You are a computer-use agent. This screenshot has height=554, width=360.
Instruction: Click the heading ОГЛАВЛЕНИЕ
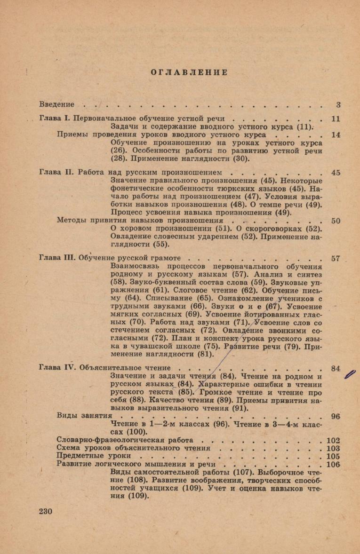(189, 72)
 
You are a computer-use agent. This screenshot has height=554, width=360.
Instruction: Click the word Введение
(57, 104)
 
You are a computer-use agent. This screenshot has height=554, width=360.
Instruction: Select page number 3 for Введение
(338, 104)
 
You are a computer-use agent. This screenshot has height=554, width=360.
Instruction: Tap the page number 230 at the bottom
(46, 511)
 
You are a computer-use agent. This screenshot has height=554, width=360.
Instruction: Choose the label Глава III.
(57, 258)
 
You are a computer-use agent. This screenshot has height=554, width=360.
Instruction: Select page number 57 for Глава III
(336, 258)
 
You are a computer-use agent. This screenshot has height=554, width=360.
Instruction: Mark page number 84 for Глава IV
(336, 368)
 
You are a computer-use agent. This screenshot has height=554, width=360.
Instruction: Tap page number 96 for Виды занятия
(336, 416)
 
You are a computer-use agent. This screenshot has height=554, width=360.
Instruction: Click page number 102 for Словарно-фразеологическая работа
(333, 440)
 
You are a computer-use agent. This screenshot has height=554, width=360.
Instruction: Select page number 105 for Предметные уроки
(333, 456)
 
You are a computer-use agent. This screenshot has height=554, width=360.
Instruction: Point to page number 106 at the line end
(333, 464)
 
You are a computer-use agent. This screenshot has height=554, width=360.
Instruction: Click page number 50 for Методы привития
(336, 220)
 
